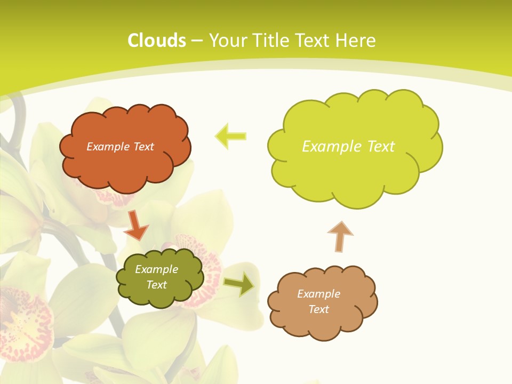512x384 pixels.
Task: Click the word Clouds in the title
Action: click(x=156, y=41)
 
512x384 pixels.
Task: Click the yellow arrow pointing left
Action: click(x=230, y=136)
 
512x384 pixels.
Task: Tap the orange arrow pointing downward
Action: click(x=136, y=225)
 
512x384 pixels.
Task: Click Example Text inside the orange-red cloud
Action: click(x=120, y=147)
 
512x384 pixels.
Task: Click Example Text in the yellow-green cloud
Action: click(x=348, y=147)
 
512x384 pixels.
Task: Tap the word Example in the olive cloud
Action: click(x=156, y=269)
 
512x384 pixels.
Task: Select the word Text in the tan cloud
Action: click(x=318, y=309)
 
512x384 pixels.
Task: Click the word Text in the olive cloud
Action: click(x=156, y=285)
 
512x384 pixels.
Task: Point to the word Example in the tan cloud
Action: click(x=318, y=294)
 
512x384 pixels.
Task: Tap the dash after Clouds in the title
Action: click(x=196, y=41)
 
